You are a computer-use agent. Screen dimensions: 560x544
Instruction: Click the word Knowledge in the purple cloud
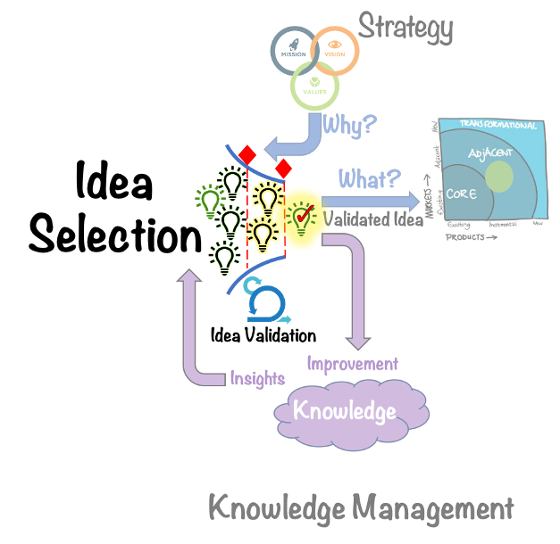point(344,411)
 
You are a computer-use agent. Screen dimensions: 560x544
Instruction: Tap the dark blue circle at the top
point(292,49)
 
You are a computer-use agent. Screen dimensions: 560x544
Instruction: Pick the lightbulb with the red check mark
point(302,216)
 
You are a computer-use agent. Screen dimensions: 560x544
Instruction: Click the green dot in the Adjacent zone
point(498,177)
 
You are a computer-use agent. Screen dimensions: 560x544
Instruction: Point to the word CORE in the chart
point(462,194)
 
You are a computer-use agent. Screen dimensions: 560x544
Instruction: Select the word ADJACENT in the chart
point(489,152)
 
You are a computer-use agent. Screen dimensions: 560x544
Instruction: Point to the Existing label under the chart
point(458,225)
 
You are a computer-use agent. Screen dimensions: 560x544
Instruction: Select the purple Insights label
point(257,377)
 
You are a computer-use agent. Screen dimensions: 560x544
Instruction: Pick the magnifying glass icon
point(264,303)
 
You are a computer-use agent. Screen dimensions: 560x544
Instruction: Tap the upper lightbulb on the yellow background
point(267,194)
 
